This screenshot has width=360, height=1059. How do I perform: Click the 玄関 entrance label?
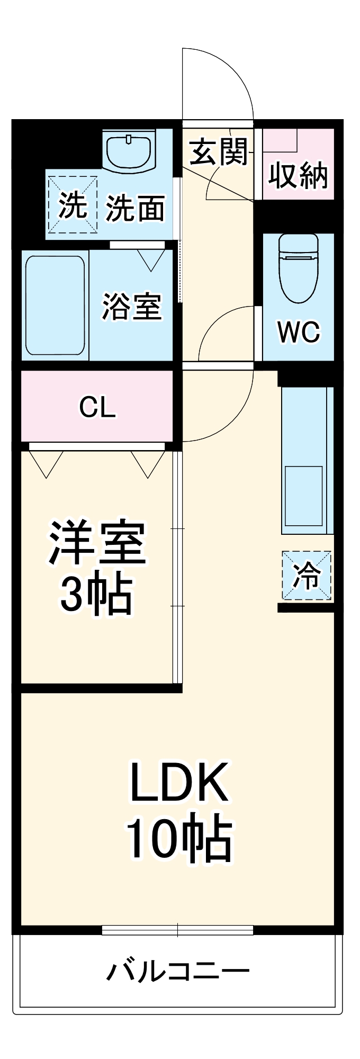[x=219, y=152]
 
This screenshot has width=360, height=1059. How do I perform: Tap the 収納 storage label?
[x=298, y=175]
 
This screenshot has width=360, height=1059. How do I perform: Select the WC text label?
[x=299, y=332]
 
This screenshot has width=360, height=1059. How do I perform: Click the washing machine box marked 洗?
[x=73, y=205]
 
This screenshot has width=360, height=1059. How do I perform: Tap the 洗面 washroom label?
[x=136, y=208]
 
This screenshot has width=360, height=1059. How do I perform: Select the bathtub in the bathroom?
[x=55, y=306]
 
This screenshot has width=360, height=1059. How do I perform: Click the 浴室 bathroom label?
[x=131, y=306]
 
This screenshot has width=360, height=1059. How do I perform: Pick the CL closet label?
[x=97, y=407]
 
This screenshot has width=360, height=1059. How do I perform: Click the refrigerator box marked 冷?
[x=307, y=576]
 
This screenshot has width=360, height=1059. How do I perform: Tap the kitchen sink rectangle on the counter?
[x=304, y=496]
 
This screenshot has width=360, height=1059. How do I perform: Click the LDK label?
[x=179, y=782]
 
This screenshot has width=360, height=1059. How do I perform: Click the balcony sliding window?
[x=177, y=930]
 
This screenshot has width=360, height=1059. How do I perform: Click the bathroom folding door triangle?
[x=151, y=259]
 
